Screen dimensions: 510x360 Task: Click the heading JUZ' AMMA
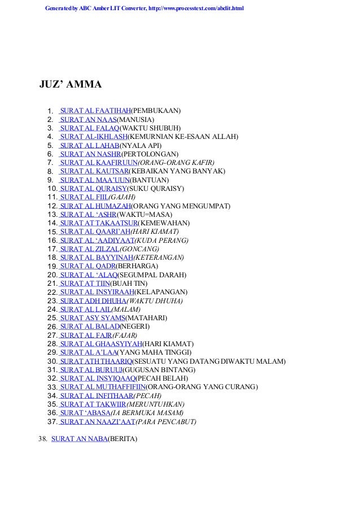(x=70, y=85)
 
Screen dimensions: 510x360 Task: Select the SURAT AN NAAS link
(x=88, y=120)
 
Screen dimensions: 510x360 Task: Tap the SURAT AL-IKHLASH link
(x=93, y=137)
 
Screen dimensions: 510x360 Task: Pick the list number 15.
(x=52, y=232)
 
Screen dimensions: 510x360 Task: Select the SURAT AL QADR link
(x=87, y=266)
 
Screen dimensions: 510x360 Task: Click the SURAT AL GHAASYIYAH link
(x=100, y=344)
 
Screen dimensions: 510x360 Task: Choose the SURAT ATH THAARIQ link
(x=96, y=361)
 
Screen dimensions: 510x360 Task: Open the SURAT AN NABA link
(x=79, y=439)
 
